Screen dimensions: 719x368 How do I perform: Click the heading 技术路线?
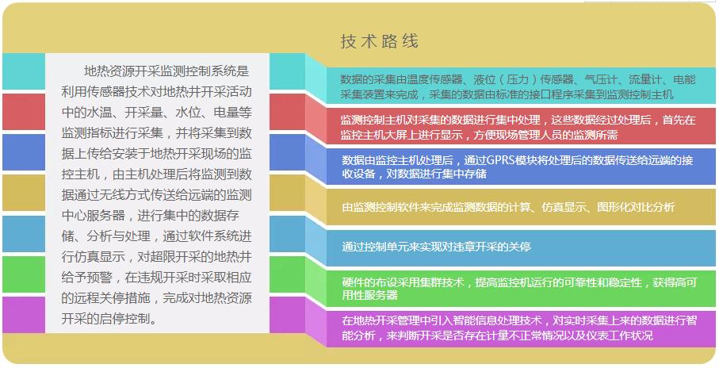pos(379,41)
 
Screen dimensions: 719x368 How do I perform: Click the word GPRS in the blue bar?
pos(499,160)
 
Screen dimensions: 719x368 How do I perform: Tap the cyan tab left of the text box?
pos(24,71)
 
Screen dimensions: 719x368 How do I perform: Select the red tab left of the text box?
pos(24,112)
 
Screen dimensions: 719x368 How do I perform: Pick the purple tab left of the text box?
pos(24,315)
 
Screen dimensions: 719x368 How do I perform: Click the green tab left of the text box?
pos(24,274)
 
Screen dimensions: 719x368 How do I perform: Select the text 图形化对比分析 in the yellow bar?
pos(636,207)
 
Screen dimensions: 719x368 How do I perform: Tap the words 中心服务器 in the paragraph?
pos(89,216)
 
